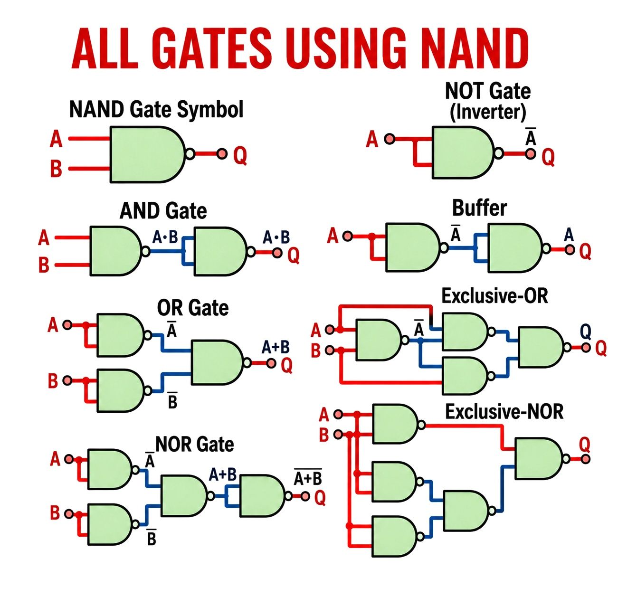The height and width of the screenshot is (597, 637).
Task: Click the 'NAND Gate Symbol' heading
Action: (156, 109)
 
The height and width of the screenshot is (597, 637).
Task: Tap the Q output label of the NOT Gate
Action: (548, 157)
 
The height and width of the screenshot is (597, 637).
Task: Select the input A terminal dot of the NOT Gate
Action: (390, 139)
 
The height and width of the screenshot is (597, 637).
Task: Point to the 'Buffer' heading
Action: (479, 208)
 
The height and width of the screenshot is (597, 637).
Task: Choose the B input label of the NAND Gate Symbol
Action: (56, 169)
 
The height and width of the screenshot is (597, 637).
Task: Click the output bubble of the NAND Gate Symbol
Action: (190, 154)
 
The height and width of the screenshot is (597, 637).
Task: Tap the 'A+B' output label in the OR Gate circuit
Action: (276, 347)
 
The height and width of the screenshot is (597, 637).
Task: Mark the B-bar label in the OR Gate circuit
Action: (172, 400)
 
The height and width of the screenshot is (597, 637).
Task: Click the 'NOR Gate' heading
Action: (195, 444)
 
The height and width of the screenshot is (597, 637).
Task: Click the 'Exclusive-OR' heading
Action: (495, 295)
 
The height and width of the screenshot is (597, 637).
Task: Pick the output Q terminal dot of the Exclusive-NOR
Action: (585, 459)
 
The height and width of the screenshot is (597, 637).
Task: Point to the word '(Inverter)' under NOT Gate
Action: (488, 112)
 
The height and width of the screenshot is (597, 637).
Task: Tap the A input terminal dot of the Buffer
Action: (347, 237)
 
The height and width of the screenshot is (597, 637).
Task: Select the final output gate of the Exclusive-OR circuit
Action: (542, 348)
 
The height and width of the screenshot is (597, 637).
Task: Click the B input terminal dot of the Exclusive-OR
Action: (330, 350)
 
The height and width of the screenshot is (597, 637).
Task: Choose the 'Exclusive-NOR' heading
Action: (504, 412)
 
